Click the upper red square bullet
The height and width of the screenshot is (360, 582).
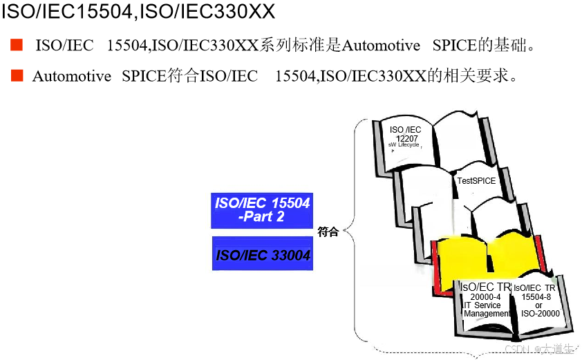pyautogui.click(x=17, y=46)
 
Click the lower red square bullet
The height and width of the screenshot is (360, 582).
pyautogui.click(x=17, y=75)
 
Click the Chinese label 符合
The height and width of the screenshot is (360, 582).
pyautogui.click(x=328, y=232)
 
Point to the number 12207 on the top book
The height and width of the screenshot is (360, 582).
pyautogui.click(x=405, y=138)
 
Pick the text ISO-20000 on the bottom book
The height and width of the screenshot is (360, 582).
pyautogui.click(x=540, y=314)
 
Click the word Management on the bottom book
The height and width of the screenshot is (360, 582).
pyautogui.click(x=487, y=314)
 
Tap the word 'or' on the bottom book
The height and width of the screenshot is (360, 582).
pyautogui.click(x=538, y=305)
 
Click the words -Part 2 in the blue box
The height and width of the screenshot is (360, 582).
pyautogui.click(x=261, y=217)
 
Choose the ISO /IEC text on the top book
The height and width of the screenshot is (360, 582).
pyautogui.click(x=406, y=129)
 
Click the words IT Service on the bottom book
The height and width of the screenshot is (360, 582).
pyautogui.click(x=482, y=305)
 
